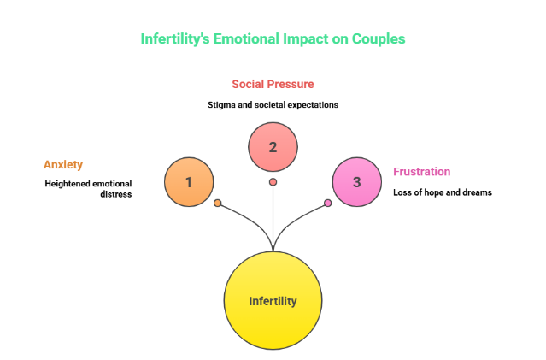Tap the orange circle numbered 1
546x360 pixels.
pyautogui.click(x=189, y=181)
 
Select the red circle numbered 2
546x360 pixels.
pyautogui.click(x=273, y=146)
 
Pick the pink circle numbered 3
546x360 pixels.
pyautogui.click(x=356, y=181)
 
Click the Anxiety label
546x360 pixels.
pyautogui.click(x=63, y=164)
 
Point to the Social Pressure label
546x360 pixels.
pyautogui.click(x=273, y=84)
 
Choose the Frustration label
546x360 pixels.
pyautogui.click(x=421, y=171)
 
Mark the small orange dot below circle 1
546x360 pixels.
pyautogui.click(x=218, y=203)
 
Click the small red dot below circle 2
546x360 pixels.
pyautogui.click(x=273, y=181)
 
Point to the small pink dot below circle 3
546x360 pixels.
pyautogui.click(x=327, y=203)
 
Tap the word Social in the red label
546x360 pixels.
pyautogui.click(x=247, y=84)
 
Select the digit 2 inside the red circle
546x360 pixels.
pyautogui.click(x=273, y=147)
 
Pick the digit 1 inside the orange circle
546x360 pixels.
pyautogui.click(x=189, y=182)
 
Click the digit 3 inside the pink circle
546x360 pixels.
pyautogui.click(x=356, y=182)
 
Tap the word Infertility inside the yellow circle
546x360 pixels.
pyautogui.click(x=273, y=301)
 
